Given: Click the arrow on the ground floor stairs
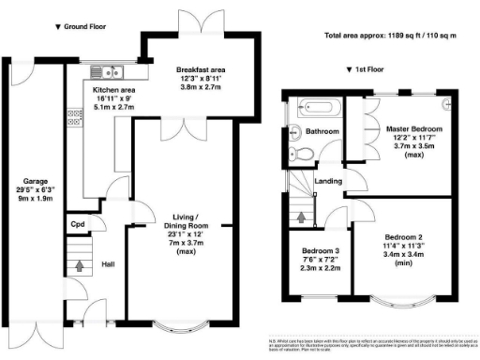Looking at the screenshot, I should (x=78, y=267).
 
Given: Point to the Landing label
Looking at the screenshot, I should (x=328, y=181).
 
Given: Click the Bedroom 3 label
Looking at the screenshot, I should (x=319, y=252).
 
